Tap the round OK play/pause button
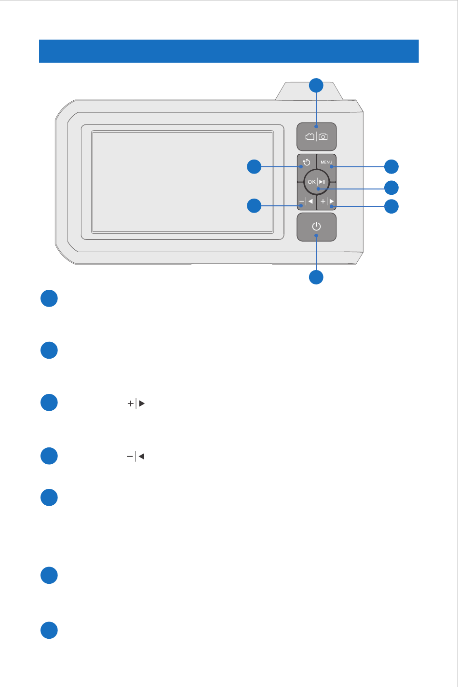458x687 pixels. (316, 182)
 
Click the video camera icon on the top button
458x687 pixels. (310, 136)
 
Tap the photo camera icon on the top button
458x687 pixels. (323, 137)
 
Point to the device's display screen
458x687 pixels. (182, 182)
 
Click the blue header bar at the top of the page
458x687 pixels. (229, 51)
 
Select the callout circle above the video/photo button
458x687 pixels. (316, 85)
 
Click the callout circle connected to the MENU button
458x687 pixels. (391, 167)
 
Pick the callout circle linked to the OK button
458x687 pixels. (391, 188)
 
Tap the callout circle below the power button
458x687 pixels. (316, 277)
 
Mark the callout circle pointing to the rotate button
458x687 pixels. (254, 166)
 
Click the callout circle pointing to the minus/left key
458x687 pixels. (254, 205)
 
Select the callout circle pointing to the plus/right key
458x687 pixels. (391, 206)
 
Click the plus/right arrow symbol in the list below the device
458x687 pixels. (136, 404)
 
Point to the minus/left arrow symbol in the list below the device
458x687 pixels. (135, 457)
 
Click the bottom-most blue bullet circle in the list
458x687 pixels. (49, 630)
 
